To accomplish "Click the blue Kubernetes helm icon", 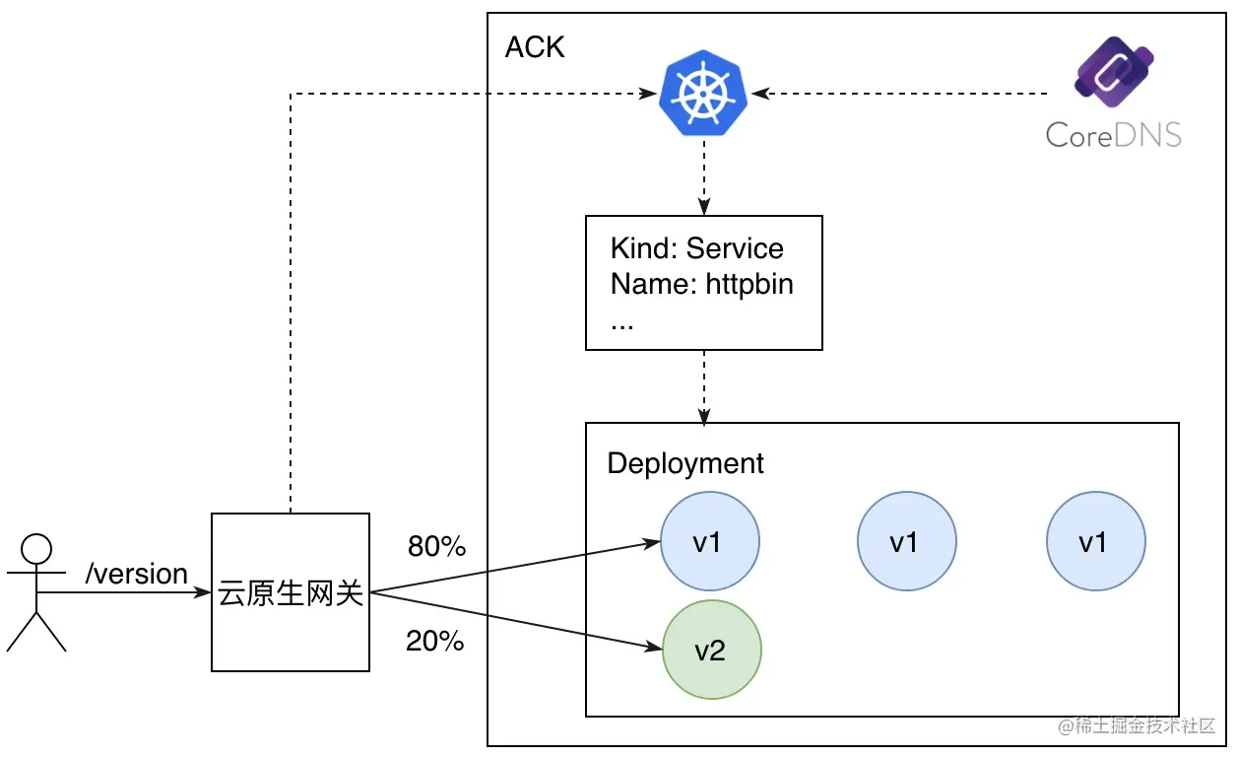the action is pyautogui.click(x=703, y=93).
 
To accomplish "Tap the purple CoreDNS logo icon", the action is pyautogui.click(x=1114, y=72).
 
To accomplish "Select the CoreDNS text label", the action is pyautogui.click(x=1113, y=135).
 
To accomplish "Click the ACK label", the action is pyautogui.click(x=535, y=47).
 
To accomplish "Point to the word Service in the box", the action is pyautogui.click(x=735, y=248).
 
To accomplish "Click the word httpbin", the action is pyautogui.click(x=749, y=284).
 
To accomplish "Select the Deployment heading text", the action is pyautogui.click(x=685, y=463).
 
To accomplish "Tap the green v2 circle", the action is pyautogui.click(x=711, y=650).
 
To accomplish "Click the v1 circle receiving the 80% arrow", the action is pyautogui.click(x=710, y=541).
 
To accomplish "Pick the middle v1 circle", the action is pyautogui.click(x=907, y=541).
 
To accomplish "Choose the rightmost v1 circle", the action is pyautogui.click(x=1095, y=541).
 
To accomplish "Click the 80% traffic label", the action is pyautogui.click(x=437, y=546).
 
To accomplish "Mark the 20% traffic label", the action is pyautogui.click(x=434, y=641).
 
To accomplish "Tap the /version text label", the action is pyautogui.click(x=136, y=574).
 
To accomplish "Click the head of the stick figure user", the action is pyautogui.click(x=36, y=549).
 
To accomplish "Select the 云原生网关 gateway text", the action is pyautogui.click(x=291, y=593).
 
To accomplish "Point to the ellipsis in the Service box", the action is pyautogui.click(x=621, y=326).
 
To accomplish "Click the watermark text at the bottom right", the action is pyautogui.click(x=1137, y=725).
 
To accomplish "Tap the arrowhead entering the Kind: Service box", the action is pyautogui.click(x=704, y=207).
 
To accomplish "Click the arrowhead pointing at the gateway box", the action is pyautogui.click(x=203, y=592).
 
